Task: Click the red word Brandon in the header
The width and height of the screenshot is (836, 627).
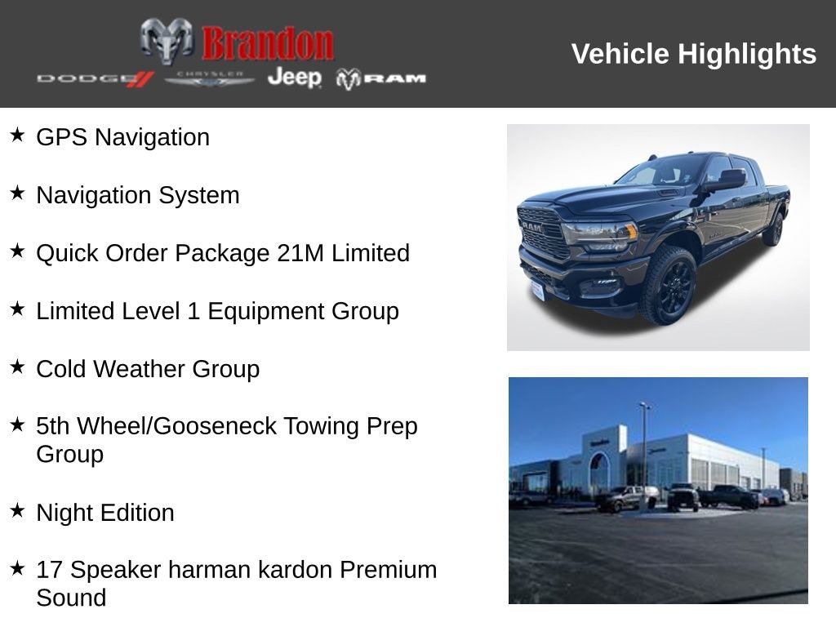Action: coord(268,42)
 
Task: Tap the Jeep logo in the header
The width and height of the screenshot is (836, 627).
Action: coord(294,78)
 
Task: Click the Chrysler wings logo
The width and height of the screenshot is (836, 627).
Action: coord(210,78)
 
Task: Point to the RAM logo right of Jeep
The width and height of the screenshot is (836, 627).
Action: coord(381,78)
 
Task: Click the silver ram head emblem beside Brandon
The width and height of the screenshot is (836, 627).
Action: coord(167,41)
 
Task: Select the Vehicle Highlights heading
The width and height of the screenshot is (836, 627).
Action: coord(693,54)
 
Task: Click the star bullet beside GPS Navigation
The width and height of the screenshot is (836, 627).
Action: coord(17,135)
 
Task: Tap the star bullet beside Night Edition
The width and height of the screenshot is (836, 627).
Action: coord(17,510)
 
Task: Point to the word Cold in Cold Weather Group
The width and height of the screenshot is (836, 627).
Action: coord(61,369)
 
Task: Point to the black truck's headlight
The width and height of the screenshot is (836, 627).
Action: coord(600,235)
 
